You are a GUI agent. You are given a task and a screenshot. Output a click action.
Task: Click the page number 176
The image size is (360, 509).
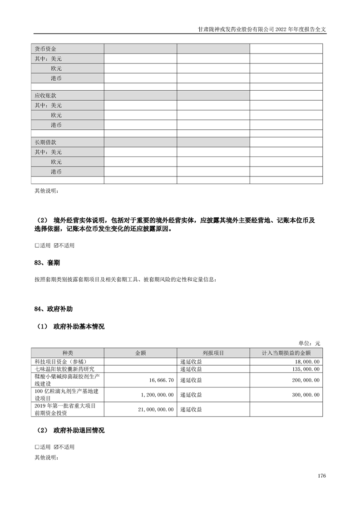[322, 476]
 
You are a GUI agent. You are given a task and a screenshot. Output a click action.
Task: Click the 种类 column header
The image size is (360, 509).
[67, 353]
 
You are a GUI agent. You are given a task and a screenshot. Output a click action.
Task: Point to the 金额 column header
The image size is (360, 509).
[140, 353]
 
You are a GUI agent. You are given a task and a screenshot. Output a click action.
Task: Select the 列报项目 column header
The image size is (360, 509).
[213, 353]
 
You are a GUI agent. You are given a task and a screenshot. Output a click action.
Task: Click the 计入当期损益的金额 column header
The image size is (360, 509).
[286, 353]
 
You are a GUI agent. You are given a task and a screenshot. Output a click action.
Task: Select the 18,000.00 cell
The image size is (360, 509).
[307, 362]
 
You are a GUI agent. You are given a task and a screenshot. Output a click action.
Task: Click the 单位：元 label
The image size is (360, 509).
[309, 343]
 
